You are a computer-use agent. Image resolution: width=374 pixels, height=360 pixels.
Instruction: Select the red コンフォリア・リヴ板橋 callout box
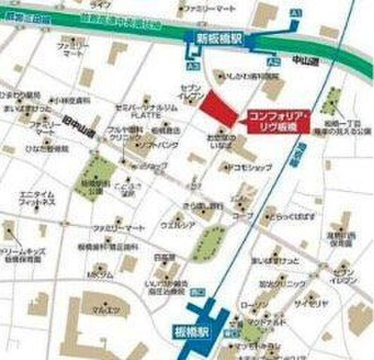coord(276,121)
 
